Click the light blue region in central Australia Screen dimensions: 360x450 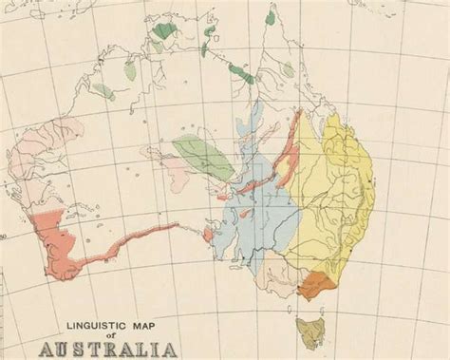click(252, 218)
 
